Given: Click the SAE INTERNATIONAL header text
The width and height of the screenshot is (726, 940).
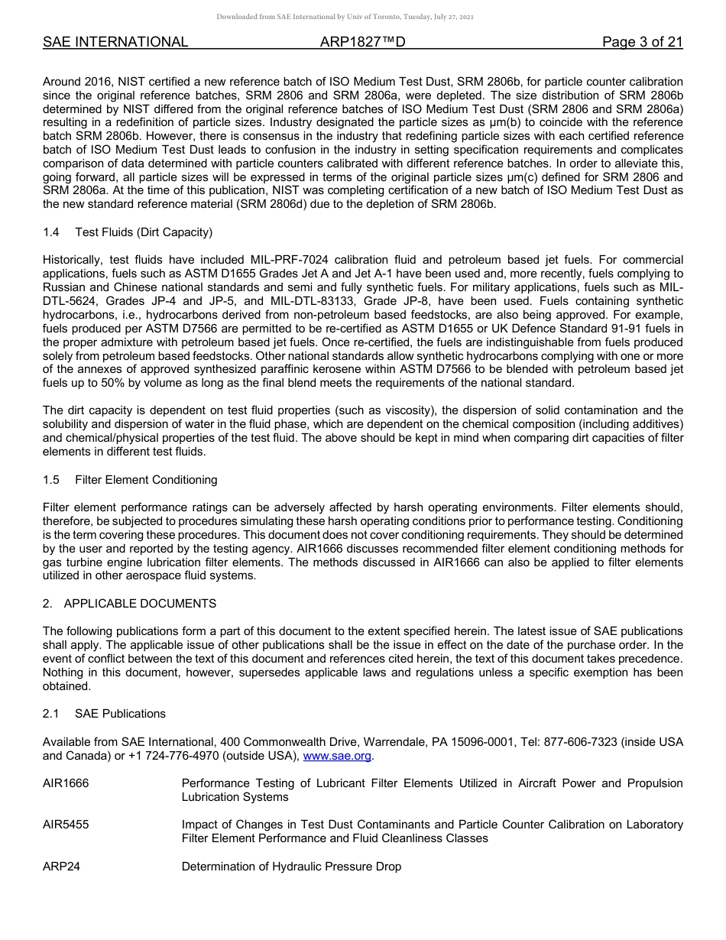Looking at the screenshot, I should [115, 42].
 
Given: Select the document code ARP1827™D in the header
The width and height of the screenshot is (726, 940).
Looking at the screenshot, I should [362, 42].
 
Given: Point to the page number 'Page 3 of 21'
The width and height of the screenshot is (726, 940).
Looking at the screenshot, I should [642, 42].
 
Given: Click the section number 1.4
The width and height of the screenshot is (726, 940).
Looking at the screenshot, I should [51, 232].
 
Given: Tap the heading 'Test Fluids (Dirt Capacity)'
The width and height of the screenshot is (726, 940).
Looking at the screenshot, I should [144, 232].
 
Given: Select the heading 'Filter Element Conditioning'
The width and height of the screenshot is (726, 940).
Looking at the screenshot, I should [146, 480].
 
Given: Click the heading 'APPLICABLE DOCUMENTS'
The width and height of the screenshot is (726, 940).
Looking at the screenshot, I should [140, 604].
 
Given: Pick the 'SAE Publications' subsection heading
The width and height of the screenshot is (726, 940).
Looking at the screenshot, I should [120, 714].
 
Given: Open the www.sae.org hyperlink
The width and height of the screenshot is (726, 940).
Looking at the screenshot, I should [337, 757].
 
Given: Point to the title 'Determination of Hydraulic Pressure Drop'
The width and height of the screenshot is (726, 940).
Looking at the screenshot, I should [291, 867].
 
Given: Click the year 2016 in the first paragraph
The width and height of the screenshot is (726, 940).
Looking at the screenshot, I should [94, 81].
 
